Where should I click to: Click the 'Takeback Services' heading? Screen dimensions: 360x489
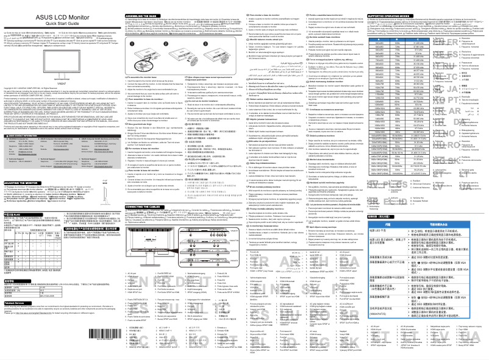point(15,336)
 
